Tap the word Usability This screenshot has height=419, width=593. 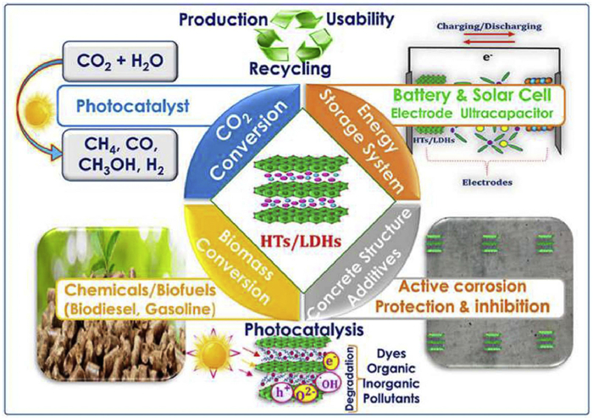pos(366,19)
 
